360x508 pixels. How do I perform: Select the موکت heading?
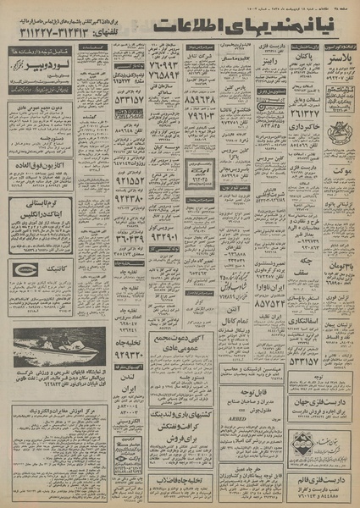pyautogui.click(x=335, y=169)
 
